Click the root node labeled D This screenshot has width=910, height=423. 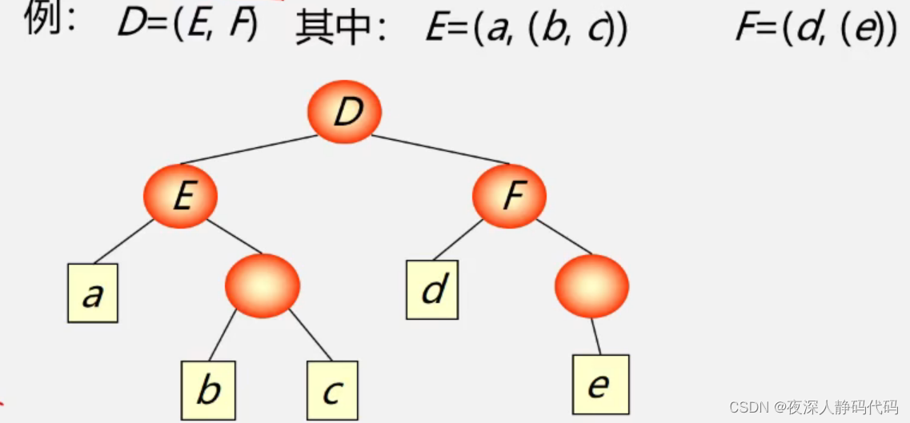[345, 112]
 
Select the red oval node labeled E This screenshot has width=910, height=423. [181, 195]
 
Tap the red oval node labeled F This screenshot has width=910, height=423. [509, 195]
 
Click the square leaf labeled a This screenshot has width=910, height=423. [92, 293]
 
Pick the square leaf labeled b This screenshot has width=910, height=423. [207, 390]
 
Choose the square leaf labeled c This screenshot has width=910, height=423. [332, 391]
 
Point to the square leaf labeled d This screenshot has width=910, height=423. [432, 289]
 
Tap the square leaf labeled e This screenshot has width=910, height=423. [600, 385]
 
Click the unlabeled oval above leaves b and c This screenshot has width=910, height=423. [263, 284]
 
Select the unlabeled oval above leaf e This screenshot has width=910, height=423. [591, 284]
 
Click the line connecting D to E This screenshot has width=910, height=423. [248, 150]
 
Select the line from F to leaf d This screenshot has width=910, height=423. [459, 237]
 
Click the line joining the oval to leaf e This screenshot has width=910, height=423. [595, 334]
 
